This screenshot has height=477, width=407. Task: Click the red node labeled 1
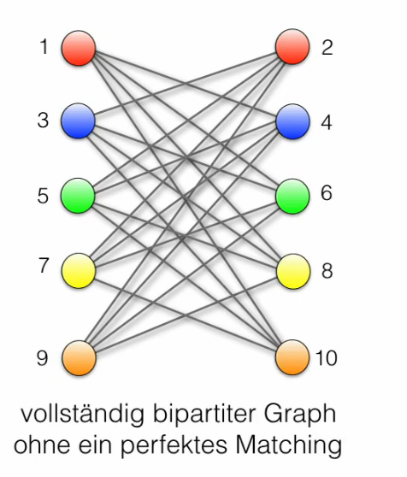[79, 48]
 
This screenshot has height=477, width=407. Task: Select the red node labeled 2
[292, 46]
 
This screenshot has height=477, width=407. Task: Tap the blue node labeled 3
[78, 121]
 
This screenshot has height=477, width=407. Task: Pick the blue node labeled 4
[292, 121]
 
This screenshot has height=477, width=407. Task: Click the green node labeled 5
[78, 196]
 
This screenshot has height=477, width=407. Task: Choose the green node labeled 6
[292, 197]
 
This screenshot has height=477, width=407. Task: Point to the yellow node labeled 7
[79, 271]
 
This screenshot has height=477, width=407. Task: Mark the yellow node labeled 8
[293, 271]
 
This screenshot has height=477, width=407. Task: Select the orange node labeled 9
[79, 357]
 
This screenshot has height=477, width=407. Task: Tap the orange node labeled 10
[292, 357]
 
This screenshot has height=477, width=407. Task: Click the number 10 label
[327, 357]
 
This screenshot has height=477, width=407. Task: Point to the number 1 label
[44, 47]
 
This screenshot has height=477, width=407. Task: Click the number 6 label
[327, 192]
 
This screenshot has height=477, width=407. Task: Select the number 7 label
[44, 265]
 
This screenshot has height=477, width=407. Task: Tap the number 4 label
[327, 122]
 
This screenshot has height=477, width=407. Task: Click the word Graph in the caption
[299, 415]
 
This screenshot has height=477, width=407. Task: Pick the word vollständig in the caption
[82, 415]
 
